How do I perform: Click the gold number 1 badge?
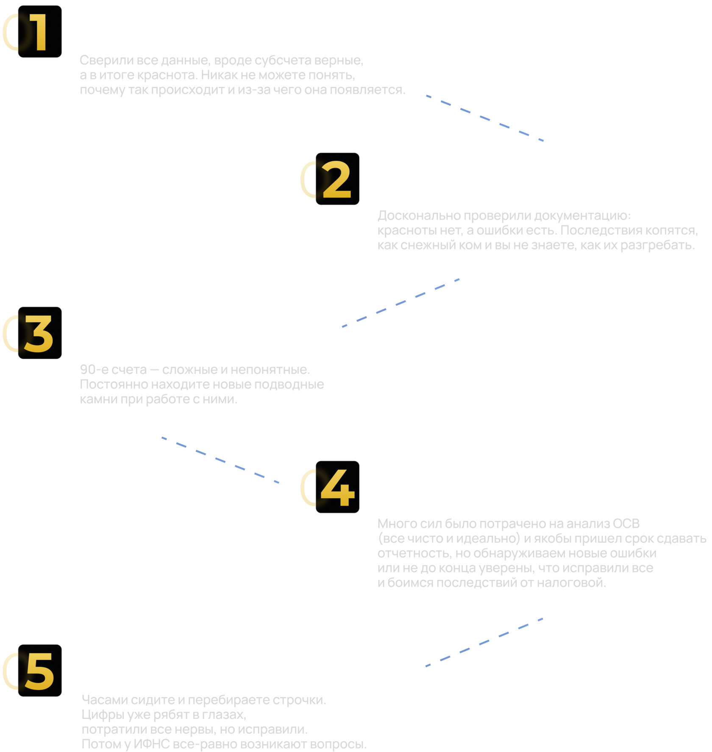tap(40, 32)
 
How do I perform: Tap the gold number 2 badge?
tap(337, 179)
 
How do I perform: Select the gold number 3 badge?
tap(40, 333)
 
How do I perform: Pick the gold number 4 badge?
tap(337, 487)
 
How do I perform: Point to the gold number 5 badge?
tap(40, 671)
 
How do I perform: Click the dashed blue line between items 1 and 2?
tap(485, 117)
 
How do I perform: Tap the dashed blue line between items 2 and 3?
tap(401, 303)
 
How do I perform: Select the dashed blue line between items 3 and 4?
tap(220, 460)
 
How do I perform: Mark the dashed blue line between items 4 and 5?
tap(484, 643)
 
